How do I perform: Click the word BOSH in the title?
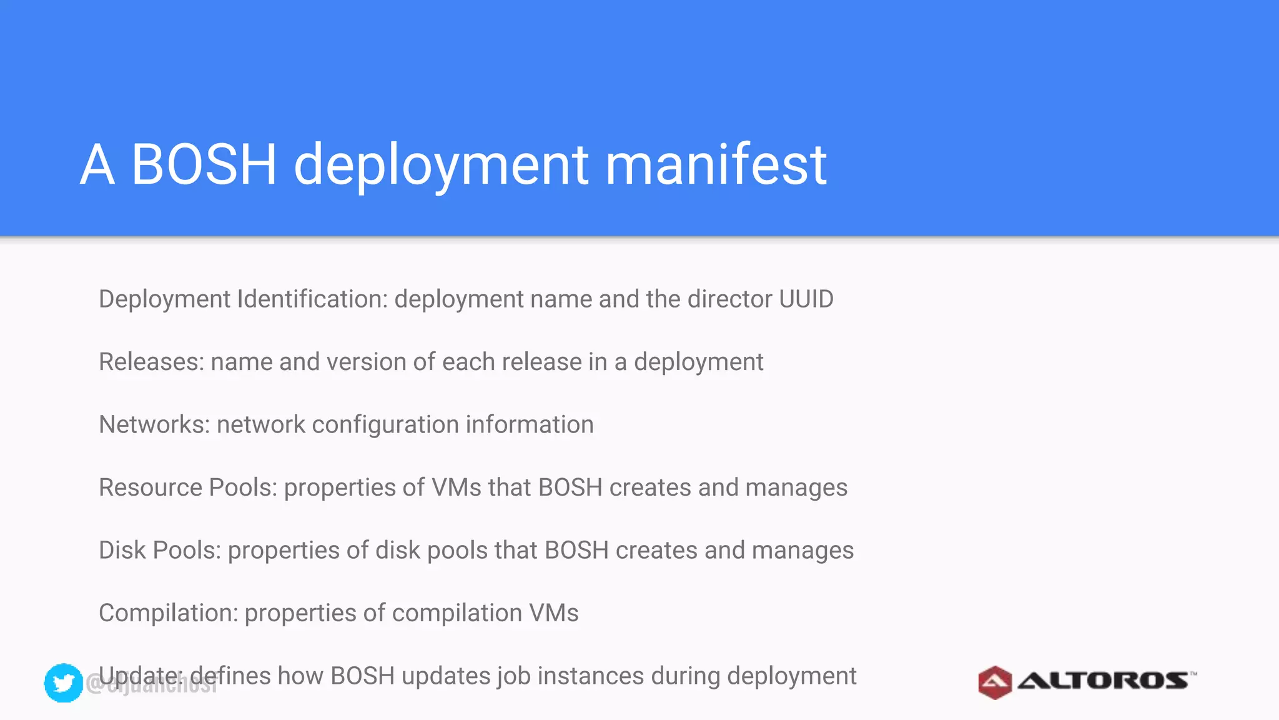coord(204,164)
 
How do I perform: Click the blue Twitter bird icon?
coord(64,682)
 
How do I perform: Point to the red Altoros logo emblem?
coord(994,682)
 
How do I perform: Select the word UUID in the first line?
coord(806,299)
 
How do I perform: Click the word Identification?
coord(312,299)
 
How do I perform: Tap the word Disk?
coord(122,550)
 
